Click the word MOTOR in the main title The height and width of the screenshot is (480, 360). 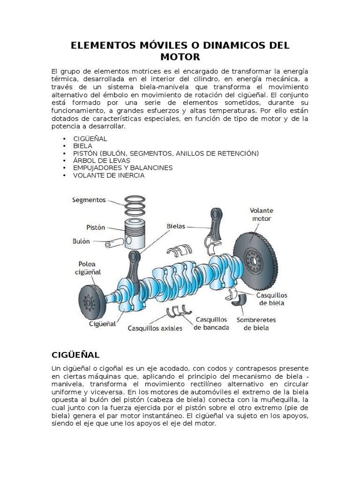point(180,57)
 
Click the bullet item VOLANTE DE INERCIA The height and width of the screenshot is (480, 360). point(109,175)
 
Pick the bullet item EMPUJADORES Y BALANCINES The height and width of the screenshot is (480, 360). point(123,168)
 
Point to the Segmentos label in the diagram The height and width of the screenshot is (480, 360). point(89,200)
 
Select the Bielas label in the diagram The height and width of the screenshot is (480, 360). point(176,226)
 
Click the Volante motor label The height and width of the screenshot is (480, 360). point(262,214)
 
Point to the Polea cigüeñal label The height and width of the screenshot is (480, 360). point(89,267)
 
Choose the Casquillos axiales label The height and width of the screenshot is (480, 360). point(155,328)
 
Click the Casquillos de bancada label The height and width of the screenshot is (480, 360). point(211,323)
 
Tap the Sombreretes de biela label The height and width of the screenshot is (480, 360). point(256,324)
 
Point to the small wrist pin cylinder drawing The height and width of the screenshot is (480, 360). point(114,244)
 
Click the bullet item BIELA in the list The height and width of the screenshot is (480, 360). point(82,146)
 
